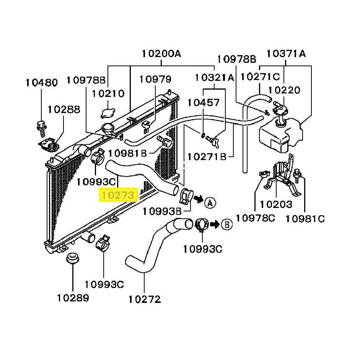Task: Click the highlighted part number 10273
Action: click(118, 195)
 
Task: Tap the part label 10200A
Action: click(161, 54)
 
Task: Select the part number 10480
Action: click(42, 83)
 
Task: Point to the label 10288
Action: click(64, 110)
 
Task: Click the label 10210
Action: click(108, 93)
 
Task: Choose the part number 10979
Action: click(155, 79)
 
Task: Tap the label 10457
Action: click(204, 103)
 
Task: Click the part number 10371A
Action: click(286, 54)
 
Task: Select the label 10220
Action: click(284, 90)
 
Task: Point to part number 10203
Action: click(276, 204)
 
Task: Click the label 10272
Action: click(145, 299)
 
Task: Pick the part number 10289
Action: click(73, 298)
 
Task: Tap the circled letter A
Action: click(210, 203)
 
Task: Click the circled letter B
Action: click(227, 224)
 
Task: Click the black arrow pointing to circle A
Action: click(198, 199)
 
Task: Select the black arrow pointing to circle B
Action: click(215, 224)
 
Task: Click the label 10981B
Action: click(127, 153)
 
